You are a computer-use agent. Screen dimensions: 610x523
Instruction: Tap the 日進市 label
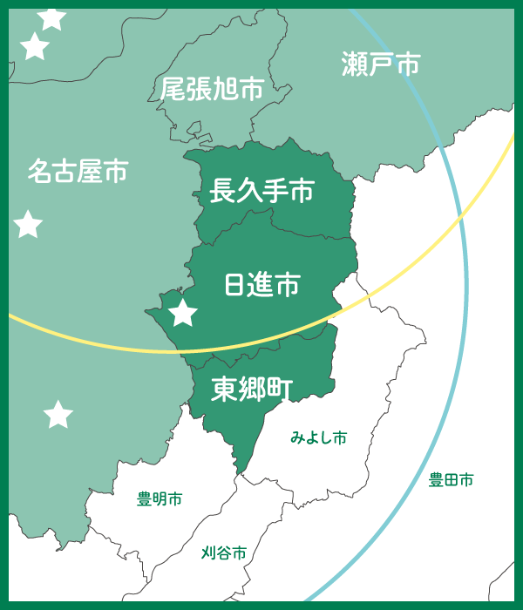pyautogui.click(x=262, y=284)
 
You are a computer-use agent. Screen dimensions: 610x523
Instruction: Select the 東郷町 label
pyautogui.click(x=253, y=389)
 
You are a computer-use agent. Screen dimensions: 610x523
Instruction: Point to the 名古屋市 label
pyautogui.click(x=77, y=171)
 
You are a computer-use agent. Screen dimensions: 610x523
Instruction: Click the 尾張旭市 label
pyautogui.click(x=212, y=89)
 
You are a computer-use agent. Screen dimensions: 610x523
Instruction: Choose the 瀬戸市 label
pyautogui.click(x=381, y=64)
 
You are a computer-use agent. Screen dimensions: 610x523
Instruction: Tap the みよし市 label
pyautogui.click(x=319, y=437)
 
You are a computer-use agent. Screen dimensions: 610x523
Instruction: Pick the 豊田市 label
pyautogui.click(x=452, y=479)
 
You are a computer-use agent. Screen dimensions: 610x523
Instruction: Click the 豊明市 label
pyautogui.click(x=160, y=499)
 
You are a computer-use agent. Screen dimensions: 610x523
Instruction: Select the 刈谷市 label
pyautogui.click(x=224, y=552)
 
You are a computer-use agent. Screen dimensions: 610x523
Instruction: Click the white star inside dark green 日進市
pyautogui.click(x=183, y=312)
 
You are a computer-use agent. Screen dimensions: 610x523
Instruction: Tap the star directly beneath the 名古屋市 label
pyautogui.click(x=29, y=225)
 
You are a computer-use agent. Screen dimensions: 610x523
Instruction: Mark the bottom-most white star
pyautogui.click(x=58, y=415)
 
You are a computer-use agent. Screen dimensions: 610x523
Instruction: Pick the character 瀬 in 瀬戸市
pyautogui.click(x=355, y=64)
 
